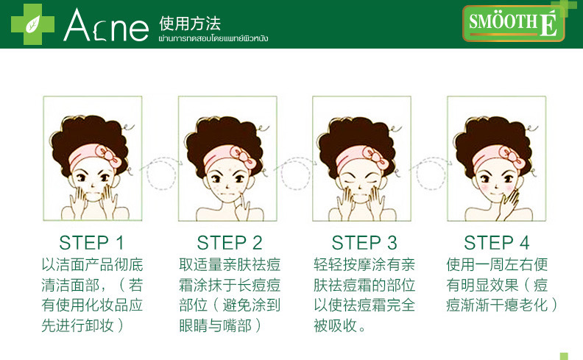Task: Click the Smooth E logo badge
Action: [x=514, y=23]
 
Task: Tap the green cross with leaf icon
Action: [x=32, y=24]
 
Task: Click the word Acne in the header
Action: [x=106, y=25]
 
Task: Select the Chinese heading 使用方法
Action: [x=190, y=24]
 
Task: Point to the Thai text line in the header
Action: [x=213, y=38]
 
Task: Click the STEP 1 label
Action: [x=91, y=243]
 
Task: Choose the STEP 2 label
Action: [x=230, y=243]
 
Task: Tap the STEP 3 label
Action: [x=364, y=243]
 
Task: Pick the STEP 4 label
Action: [x=497, y=243]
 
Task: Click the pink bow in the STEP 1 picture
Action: [x=108, y=155]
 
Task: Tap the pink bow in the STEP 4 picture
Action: [x=512, y=157]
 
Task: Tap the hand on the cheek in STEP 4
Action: [x=510, y=203]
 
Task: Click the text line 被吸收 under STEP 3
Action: [x=339, y=325]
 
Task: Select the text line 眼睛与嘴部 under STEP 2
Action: [x=220, y=325]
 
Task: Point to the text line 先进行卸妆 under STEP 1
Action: [x=82, y=325]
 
